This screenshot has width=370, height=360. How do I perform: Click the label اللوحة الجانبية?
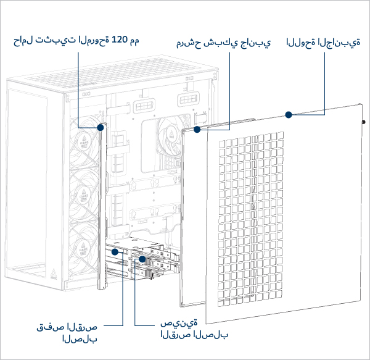click(x=323, y=44)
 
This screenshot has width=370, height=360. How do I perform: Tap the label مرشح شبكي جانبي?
click(x=223, y=44)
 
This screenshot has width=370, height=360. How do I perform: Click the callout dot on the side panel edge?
click(x=287, y=114)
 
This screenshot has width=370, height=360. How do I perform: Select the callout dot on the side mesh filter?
click(x=197, y=130)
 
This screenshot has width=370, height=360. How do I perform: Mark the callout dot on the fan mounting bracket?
click(x=101, y=128)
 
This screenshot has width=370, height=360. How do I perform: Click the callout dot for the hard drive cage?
click(x=115, y=252)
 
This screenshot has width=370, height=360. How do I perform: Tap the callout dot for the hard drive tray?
click(x=142, y=260)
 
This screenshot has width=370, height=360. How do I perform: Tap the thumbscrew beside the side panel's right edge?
click(x=363, y=122)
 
